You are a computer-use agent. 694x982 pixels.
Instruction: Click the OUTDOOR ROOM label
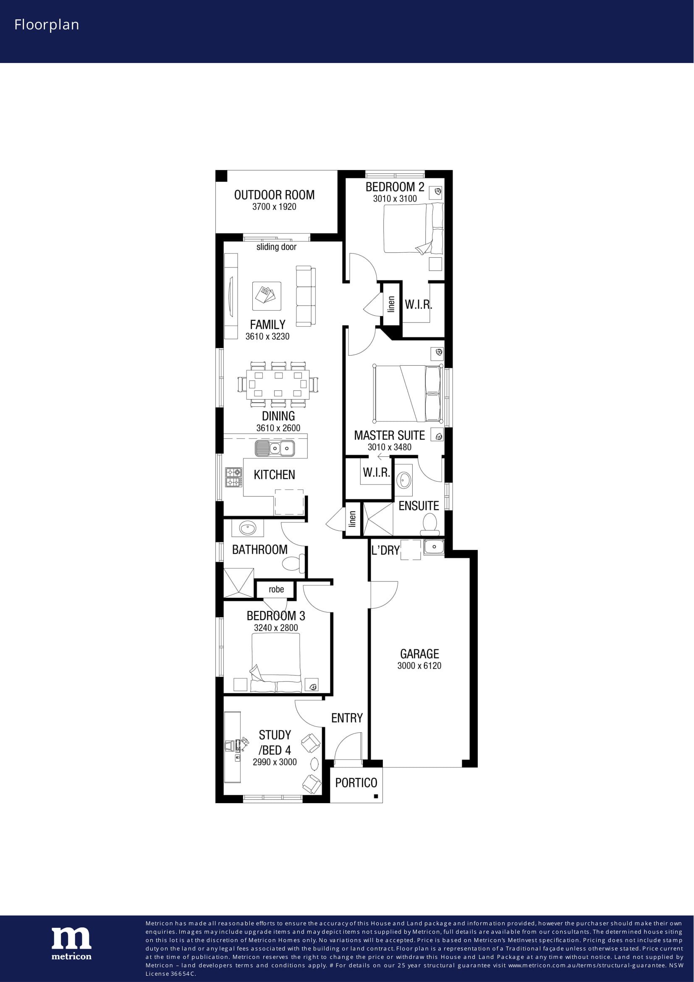[x=274, y=195]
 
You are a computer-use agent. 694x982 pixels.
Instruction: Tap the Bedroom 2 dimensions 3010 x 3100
[x=395, y=199]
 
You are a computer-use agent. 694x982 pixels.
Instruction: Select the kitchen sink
[x=275, y=448]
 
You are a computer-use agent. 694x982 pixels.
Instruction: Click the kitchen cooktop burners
[x=233, y=477]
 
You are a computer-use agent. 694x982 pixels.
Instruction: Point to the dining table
[x=278, y=384]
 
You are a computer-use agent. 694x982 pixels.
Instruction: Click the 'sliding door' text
[x=276, y=247]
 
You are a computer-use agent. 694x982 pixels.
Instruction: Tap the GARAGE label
[x=419, y=654]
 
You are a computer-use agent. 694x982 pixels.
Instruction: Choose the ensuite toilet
[x=430, y=524]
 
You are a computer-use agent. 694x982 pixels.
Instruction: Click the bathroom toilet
[x=293, y=563]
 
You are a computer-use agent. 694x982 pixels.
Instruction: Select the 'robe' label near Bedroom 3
[x=276, y=589]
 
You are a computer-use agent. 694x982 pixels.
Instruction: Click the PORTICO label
[x=356, y=783]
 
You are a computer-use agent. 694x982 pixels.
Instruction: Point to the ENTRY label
[x=347, y=718]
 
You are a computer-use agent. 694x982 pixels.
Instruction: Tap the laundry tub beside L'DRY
[x=434, y=547]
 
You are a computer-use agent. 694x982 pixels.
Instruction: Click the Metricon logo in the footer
[x=71, y=943]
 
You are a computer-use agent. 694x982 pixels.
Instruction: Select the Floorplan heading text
[x=47, y=25]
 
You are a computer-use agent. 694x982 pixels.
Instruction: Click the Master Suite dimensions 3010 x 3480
[x=390, y=447]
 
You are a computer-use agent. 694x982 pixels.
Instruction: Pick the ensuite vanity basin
[x=403, y=480]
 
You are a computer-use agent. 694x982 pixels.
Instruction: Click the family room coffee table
[x=267, y=296]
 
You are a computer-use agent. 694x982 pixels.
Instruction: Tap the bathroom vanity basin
[x=248, y=529]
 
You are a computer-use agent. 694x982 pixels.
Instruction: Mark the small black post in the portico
[x=376, y=796]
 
